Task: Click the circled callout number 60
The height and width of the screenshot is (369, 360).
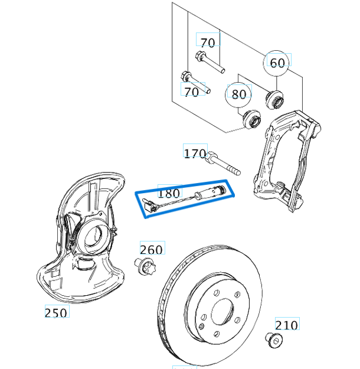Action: tap(277, 63)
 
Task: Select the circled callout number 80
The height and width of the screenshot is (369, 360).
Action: tap(238, 94)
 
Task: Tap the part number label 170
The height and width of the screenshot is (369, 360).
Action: tap(195, 154)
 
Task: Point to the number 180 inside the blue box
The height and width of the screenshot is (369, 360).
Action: tap(169, 192)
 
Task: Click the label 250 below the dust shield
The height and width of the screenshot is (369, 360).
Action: tap(56, 312)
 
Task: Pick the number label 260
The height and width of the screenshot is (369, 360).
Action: tap(151, 249)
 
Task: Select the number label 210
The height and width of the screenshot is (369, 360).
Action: tap(286, 324)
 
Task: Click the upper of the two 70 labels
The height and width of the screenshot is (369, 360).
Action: tap(207, 43)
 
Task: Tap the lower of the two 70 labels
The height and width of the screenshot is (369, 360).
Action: tap(191, 92)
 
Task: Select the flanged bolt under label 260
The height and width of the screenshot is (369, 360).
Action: tap(146, 268)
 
